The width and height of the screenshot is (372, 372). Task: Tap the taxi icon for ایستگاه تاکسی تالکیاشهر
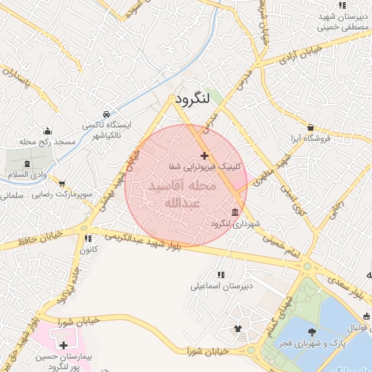(x=107, y=114)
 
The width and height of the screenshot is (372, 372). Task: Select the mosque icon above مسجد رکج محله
(x=48, y=131)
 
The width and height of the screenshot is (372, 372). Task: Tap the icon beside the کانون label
(x=88, y=238)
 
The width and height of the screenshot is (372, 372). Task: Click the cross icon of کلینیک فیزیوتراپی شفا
(x=204, y=155)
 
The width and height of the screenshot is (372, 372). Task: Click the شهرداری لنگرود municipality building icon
(x=233, y=212)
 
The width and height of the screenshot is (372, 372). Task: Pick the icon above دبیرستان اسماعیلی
(x=221, y=275)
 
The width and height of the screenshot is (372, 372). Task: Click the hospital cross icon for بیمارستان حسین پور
(x=64, y=346)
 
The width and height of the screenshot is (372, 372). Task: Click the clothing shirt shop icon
(x=237, y=328)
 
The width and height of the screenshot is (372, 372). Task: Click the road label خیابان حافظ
(x=29, y=237)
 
